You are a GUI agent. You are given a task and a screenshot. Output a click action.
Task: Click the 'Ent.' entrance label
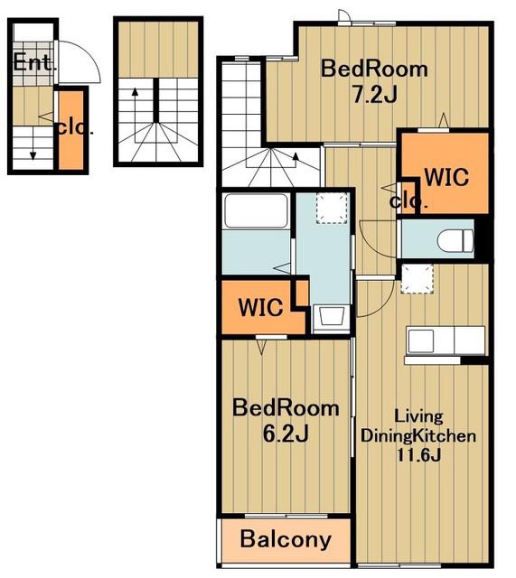[x=35, y=62]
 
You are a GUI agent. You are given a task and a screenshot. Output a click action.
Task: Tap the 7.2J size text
[x=375, y=95]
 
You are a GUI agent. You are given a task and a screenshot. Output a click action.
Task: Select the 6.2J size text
[x=286, y=433]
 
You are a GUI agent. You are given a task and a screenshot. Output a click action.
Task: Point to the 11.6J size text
[x=418, y=455]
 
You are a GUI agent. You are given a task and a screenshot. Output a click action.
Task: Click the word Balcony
[x=286, y=540]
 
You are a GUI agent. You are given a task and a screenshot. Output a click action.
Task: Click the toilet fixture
[x=455, y=241]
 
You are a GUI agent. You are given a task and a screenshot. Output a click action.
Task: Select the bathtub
[x=257, y=210]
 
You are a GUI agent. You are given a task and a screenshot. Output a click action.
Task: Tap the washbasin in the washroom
[x=332, y=316]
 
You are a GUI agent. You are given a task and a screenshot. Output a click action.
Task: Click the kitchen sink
[x=421, y=341]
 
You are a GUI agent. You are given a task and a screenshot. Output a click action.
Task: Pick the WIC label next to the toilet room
[x=446, y=177]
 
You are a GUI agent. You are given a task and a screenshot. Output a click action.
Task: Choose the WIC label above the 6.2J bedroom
[x=261, y=307]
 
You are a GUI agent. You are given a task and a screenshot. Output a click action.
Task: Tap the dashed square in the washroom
[x=332, y=209]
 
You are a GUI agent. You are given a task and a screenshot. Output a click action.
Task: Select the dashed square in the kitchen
[x=417, y=279]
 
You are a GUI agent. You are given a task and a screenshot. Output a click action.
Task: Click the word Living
[x=418, y=416]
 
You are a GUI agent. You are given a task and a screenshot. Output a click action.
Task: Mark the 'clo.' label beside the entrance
[x=75, y=128]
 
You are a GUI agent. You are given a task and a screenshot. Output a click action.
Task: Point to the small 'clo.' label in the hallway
[x=408, y=201]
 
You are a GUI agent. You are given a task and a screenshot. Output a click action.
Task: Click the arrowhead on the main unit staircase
[x=296, y=156]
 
